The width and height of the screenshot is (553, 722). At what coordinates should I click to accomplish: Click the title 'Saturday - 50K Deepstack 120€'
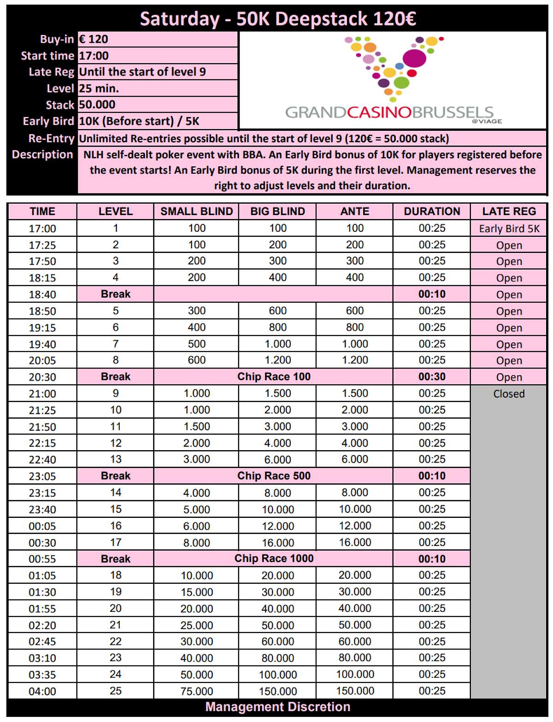(277, 19)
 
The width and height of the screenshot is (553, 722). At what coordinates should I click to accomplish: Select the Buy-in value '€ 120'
(94, 39)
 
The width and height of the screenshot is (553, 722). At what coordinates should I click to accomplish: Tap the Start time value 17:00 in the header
(94, 56)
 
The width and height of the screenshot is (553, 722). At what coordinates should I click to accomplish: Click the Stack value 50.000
(97, 105)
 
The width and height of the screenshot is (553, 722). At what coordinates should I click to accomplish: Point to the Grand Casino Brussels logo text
(389, 112)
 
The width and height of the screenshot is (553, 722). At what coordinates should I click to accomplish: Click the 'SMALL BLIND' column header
(196, 211)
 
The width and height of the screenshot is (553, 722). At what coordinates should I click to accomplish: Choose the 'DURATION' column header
(432, 211)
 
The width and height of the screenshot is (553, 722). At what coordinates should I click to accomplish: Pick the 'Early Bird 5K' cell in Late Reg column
(509, 229)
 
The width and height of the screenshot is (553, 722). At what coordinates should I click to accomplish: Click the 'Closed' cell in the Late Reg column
(509, 394)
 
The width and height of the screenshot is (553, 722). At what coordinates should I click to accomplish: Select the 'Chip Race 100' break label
(274, 377)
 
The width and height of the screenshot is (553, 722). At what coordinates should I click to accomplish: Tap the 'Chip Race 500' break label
(274, 476)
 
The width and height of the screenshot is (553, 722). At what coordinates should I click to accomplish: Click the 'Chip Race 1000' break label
(274, 558)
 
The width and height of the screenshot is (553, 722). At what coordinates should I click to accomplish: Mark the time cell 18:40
(42, 295)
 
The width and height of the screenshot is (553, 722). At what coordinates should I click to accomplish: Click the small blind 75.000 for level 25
(196, 691)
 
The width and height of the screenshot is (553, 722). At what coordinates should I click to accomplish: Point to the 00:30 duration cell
(432, 377)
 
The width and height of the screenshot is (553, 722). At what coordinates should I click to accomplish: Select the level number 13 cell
(115, 459)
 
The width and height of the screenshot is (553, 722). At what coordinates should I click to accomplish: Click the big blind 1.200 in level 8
(277, 360)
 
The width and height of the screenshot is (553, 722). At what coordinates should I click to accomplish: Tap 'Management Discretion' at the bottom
(277, 707)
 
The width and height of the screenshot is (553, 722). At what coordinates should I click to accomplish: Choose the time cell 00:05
(42, 526)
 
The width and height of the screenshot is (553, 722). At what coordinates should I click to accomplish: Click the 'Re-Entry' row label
(51, 138)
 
